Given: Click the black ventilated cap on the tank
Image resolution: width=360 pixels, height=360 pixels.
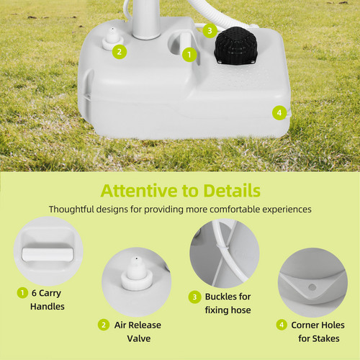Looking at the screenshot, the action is pyautogui.click(x=236, y=45).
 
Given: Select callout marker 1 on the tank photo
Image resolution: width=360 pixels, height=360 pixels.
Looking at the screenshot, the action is pyautogui.click(x=189, y=55).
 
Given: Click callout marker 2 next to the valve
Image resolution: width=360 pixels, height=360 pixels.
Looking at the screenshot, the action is pyautogui.click(x=120, y=52).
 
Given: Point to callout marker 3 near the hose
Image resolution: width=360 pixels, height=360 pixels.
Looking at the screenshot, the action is pyautogui.click(x=210, y=31).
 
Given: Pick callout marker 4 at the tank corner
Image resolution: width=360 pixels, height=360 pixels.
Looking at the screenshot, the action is pyautogui.click(x=279, y=112).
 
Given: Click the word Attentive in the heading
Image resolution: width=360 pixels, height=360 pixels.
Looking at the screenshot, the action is pyautogui.click(x=139, y=191).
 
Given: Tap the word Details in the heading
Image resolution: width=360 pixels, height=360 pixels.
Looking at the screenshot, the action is pyautogui.click(x=232, y=191).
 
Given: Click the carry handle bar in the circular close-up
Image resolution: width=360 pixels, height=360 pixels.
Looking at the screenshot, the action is pyautogui.click(x=48, y=254).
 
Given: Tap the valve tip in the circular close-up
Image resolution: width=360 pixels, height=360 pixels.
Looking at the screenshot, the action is pyautogui.click(x=136, y=259).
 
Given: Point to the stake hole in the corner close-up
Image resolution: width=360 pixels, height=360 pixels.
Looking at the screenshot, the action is pyautogui.click(x=312, y=287).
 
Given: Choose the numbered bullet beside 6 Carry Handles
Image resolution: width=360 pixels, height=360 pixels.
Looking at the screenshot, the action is pyautogui.click(x=22, y=293).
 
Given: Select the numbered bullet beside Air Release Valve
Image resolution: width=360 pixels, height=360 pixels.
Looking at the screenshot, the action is pyautogui.click(x=104, y=325).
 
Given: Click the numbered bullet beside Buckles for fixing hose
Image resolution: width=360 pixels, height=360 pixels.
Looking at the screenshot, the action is pyautogui.click(x=194, y=297).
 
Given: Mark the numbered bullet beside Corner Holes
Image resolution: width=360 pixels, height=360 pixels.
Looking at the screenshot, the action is pyautogui.click(x=282, y=325).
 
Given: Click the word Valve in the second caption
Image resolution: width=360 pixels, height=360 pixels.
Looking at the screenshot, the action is pyautogui.click(x=139, y=338).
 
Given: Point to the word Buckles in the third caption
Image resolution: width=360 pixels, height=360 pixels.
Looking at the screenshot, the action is pyautogui.click(x=221, y=297).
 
